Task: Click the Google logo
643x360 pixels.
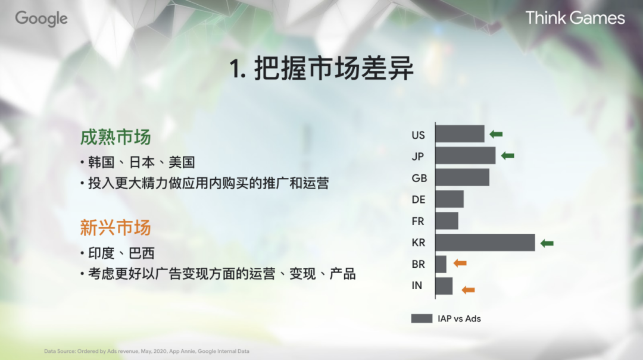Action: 41,18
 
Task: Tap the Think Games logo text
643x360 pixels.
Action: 575,18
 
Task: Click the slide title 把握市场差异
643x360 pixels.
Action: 321,70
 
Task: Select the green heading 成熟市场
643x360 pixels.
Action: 116,137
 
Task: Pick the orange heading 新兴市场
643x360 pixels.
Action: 116,228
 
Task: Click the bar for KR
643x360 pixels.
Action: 485,243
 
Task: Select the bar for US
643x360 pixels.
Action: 460,134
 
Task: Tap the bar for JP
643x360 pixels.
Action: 465,156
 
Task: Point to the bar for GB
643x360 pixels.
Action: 462,177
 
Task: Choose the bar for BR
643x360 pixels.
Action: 441,264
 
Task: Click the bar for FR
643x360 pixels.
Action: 447,221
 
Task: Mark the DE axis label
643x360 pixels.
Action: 419,199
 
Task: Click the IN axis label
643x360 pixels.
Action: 417,286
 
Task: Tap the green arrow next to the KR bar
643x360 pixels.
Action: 547,243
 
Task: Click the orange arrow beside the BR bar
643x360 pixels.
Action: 460,263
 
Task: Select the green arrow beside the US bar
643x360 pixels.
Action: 496,134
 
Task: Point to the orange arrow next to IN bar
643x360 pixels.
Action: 469,290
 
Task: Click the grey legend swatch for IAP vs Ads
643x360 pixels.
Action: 422,318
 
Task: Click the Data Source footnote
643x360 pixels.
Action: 146,351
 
